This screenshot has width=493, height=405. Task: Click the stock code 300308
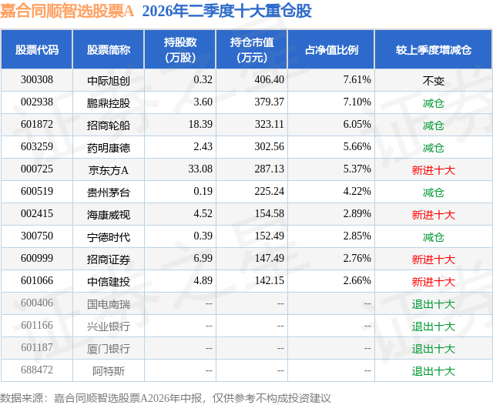point(37,80)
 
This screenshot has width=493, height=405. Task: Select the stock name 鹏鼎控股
point(109,102)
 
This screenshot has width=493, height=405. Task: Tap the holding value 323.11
point(269,125)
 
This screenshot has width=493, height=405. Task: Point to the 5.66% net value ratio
point(357,147)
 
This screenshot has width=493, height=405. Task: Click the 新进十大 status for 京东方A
point(433,170)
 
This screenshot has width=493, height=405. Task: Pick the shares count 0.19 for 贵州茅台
point(203,192)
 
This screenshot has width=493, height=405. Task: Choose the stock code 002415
point(37,213)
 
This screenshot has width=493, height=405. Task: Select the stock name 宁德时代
point(109,236)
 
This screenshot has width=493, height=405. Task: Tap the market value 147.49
point(269,258)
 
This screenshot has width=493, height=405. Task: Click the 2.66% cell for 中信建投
point(357,280)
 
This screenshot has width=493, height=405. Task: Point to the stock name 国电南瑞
point(109,303)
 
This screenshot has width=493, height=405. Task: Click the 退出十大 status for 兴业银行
point(433,326)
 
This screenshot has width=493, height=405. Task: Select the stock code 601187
point(37,347)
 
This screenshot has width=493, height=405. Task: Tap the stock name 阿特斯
point(109,371)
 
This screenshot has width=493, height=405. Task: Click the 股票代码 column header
point(37,49)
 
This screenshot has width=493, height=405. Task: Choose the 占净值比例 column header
point(331,49)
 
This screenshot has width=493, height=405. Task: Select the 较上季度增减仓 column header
point(433,49)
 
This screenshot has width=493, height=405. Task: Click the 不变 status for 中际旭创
point(433,81)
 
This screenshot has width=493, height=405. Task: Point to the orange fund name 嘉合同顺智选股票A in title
point(67,11)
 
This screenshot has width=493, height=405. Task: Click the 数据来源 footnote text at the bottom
point(166,398)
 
